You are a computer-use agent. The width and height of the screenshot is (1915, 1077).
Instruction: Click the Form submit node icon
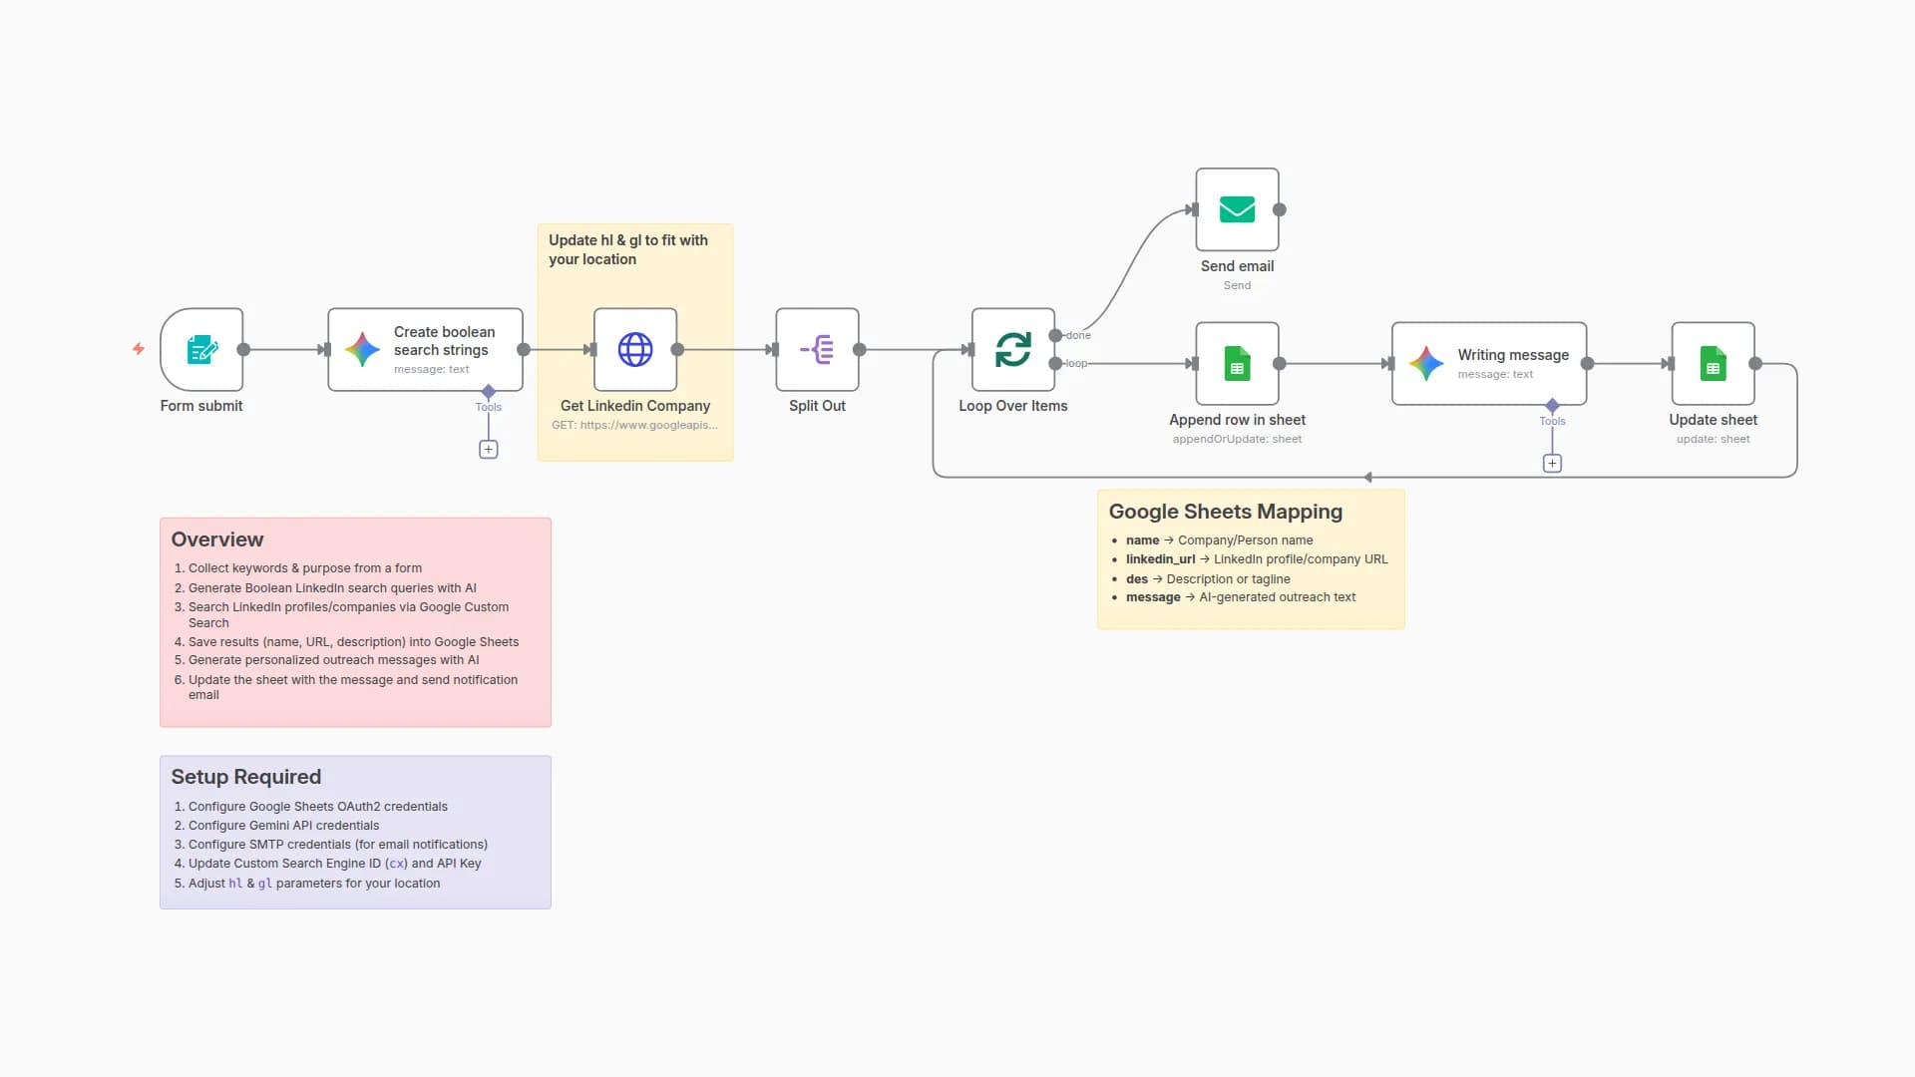(x=201, y=349)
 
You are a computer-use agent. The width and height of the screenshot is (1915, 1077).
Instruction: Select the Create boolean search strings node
(x=425, y=349)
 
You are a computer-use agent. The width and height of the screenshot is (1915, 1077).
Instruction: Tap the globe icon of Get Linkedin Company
(x=635, y=349)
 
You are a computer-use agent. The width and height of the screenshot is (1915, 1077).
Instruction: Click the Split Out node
(x=817, y=349)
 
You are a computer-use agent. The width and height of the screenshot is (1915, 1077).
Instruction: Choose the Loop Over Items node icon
(x=1013, y=349)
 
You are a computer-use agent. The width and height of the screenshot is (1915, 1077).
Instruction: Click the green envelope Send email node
(x=1237, y=209)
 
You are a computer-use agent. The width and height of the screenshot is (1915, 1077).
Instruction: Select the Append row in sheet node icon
(x=1237, y=364)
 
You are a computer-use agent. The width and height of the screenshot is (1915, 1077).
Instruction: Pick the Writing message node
(x=1488, y=364)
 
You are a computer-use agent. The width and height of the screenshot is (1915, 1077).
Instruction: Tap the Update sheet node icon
(x=1713, y=364)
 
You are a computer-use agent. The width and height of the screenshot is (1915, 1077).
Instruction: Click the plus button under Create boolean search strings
(x=489, y=450)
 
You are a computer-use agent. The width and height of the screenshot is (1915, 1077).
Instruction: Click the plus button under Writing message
(x=1552, y=464)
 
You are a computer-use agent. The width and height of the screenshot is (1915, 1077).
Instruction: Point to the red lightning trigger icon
(x=139, y=349)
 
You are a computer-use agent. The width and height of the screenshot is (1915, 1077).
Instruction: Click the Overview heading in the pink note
(x=217, y=539)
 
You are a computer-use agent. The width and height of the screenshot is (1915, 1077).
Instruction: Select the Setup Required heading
(x=245, y=777)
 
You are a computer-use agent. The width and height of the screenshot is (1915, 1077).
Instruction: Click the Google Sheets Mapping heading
(x=1225, y=512)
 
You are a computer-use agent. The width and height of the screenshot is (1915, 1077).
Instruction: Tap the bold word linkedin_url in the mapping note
(x=1160, y=559)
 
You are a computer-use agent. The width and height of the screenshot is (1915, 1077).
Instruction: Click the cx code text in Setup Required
(x=396, y=864)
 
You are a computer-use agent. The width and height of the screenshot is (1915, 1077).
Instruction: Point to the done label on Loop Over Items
(x=1078, y=336)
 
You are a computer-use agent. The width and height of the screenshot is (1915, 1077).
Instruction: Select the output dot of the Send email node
(x=1280, y=209)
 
